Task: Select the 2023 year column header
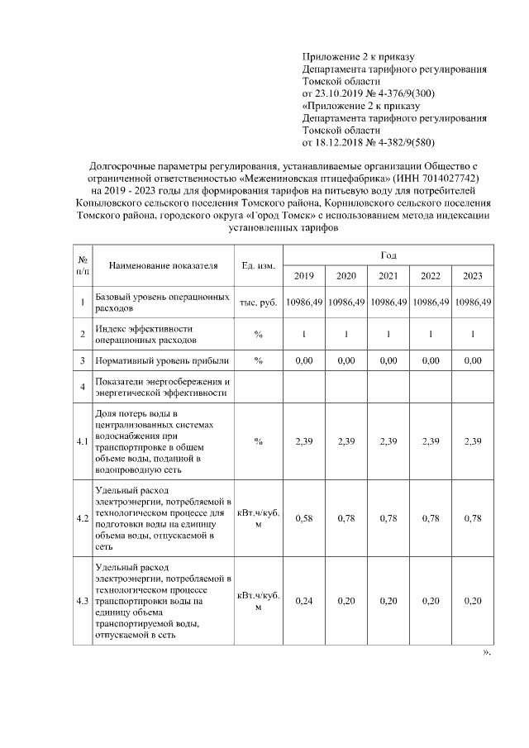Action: pos(473,276)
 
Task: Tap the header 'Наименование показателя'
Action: pos(163,265)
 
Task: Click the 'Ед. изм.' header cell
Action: pos(258,265)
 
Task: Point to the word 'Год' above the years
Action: pos(388,255)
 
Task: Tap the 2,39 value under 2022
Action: pos(431,441)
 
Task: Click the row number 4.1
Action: pos(83,441)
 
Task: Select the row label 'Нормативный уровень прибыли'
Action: pos(161,361)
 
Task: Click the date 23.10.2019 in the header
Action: pos(340,94)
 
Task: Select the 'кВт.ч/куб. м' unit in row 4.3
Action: pos(258,601)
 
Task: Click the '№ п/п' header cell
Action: pos(83,265)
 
